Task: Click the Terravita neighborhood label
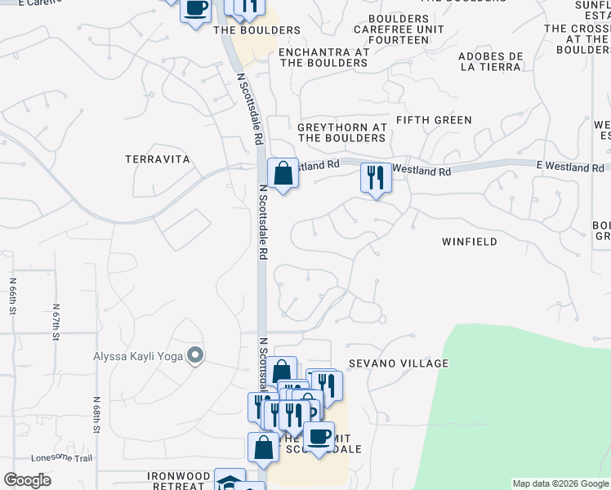pos(158,159)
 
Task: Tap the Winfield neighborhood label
pos(469,242)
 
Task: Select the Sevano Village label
pos(399,363)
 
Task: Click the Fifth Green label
pos(434,120)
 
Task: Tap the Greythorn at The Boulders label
pos(341,133)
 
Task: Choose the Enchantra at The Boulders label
pos(323,57)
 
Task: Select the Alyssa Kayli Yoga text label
pos(136,355)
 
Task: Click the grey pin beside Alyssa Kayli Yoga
pos(194,355)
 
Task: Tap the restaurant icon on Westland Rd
pos(376,177)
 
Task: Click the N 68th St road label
pos(96,416)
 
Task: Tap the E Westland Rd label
pos(570,167)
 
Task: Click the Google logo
pos(27,480)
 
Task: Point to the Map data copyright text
pos(560,483)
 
